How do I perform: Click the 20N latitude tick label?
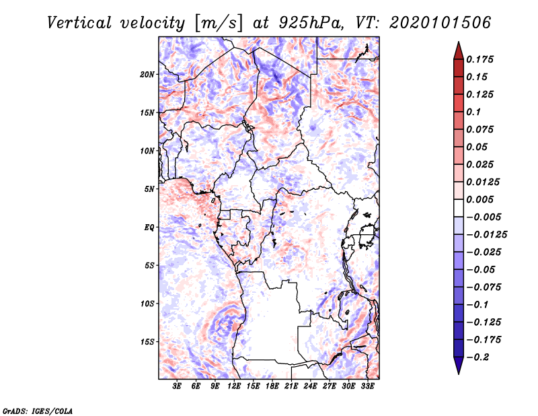point(147,75)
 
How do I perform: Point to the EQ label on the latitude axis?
point(149,228)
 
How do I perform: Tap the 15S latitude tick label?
point(147,342)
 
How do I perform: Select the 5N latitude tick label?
point(149,189)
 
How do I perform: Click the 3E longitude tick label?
point(177,386)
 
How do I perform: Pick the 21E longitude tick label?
point(291,386)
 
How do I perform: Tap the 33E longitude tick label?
point(367,386)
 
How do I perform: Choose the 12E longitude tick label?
point(234,386)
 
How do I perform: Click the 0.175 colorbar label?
point(479,59)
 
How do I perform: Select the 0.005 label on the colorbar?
point(479,199)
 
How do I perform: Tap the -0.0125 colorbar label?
point(486,235)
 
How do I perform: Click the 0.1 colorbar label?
point(473,112)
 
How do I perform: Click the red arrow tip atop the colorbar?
point(459,42)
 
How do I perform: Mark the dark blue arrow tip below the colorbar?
point(459,374)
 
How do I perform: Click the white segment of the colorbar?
point(459,208)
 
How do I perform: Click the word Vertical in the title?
point(79,23)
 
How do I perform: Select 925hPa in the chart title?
point(311,23)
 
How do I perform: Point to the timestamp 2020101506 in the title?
point(440,23)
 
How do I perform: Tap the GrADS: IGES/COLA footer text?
point(38,411)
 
